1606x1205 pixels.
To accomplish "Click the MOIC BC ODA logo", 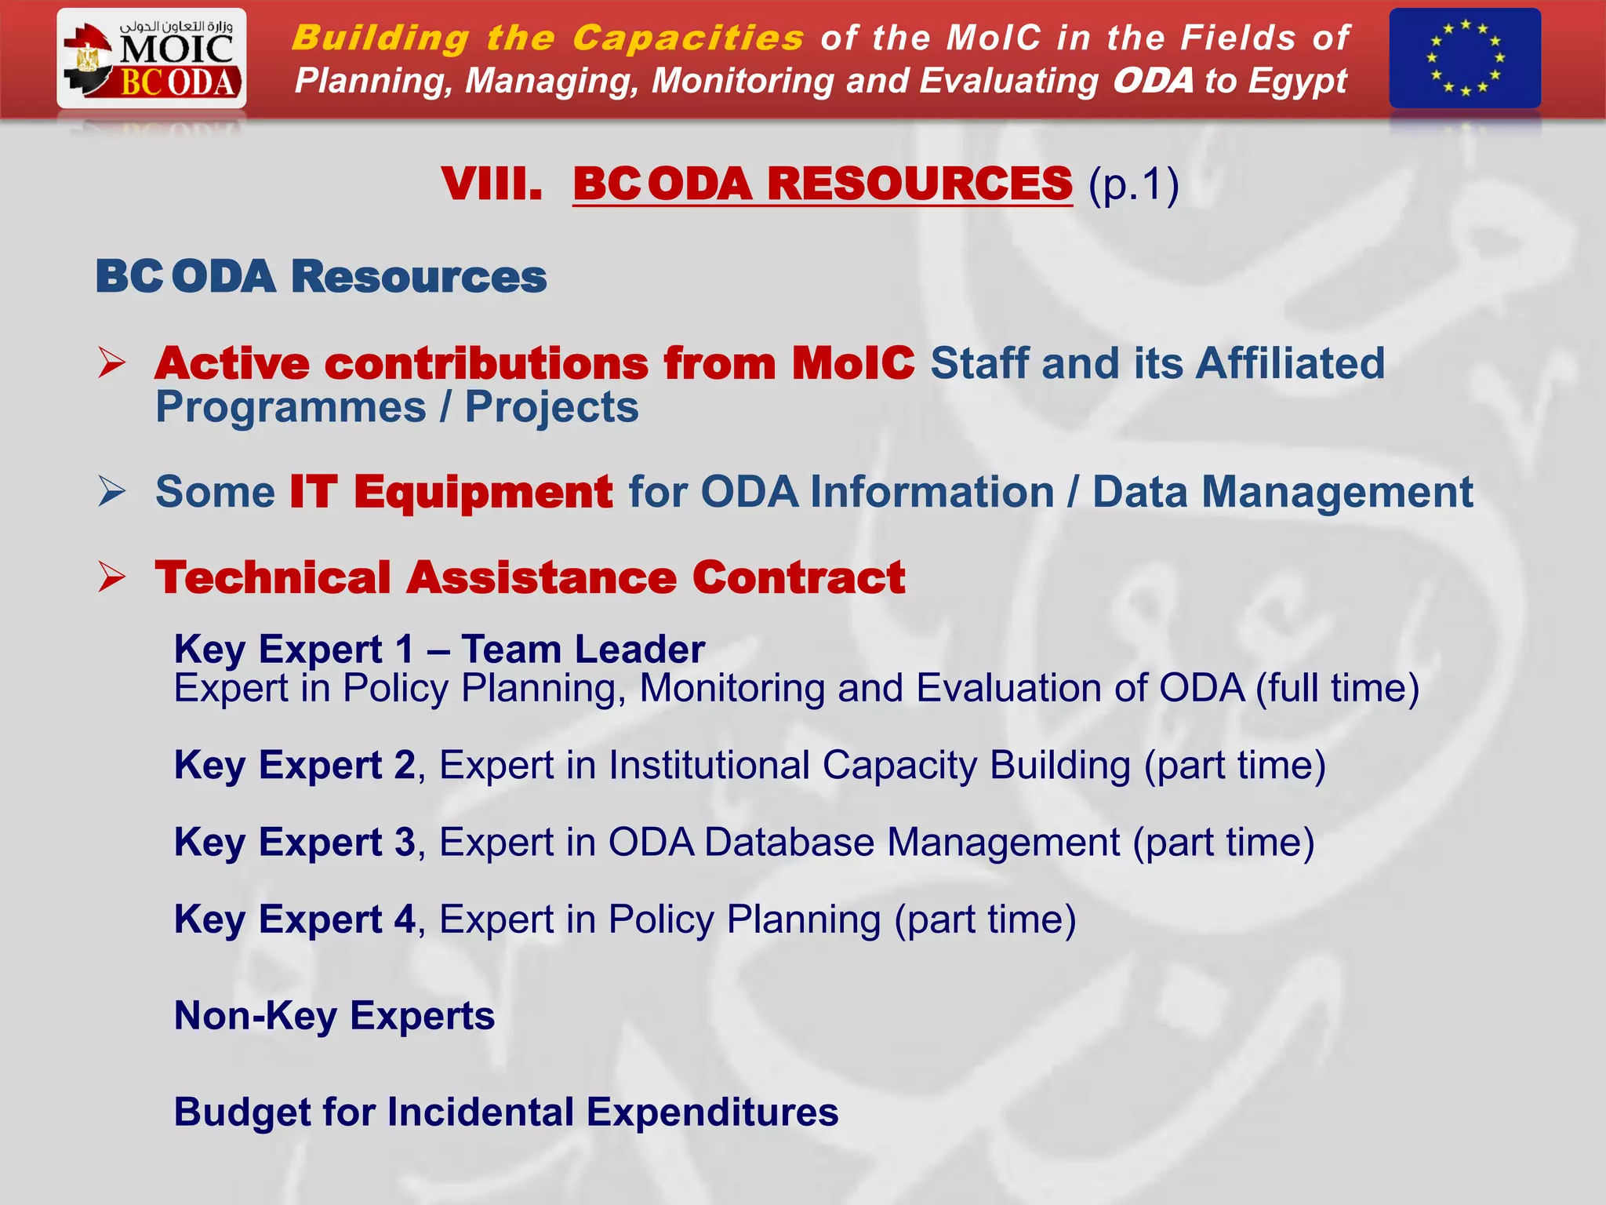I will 151,59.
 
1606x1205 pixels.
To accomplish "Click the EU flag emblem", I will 1464,58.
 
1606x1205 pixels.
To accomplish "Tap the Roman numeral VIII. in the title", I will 492,184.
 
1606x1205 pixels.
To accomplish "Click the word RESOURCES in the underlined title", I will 919,184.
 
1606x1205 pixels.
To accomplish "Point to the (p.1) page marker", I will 1133,186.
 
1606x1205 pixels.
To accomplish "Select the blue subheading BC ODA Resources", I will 321,277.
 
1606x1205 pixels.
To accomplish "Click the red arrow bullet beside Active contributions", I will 112,363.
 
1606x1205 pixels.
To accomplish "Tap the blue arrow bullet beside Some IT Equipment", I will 112,492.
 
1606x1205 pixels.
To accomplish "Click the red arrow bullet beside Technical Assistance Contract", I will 112,577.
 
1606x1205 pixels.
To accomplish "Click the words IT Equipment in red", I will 451,492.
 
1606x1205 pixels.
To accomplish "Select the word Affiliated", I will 1290,363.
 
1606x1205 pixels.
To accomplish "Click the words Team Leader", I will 583,650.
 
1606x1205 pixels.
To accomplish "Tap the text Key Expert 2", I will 294,765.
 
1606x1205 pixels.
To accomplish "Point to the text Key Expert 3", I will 294,842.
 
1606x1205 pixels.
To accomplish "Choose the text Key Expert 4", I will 294,919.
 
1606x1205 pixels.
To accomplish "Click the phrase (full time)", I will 1337,689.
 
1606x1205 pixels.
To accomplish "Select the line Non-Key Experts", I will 334,1016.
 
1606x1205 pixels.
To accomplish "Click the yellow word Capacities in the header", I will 688,38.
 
